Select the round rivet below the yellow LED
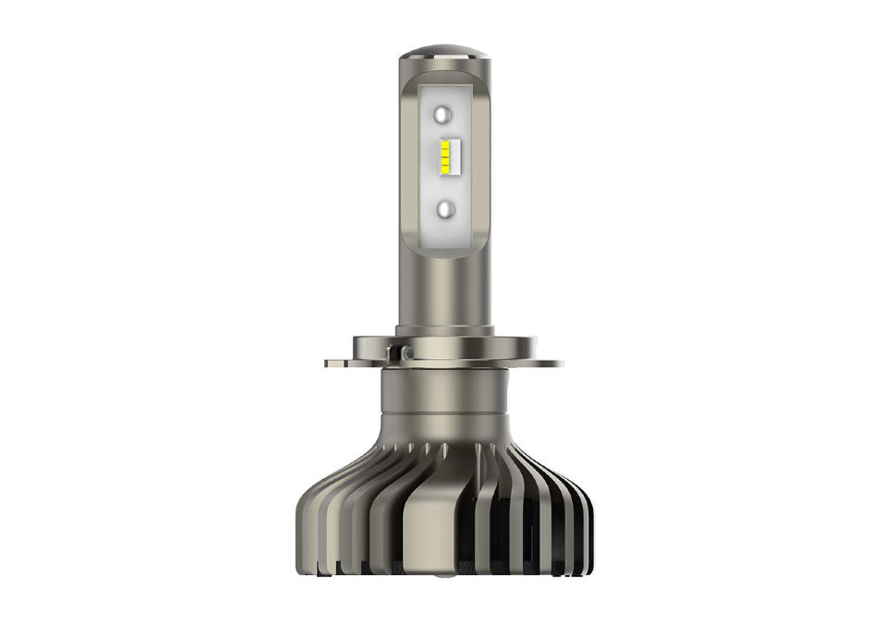point(445,209)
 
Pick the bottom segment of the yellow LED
point(445,172)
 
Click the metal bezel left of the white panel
point(411,157)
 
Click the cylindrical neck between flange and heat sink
point(445,393)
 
